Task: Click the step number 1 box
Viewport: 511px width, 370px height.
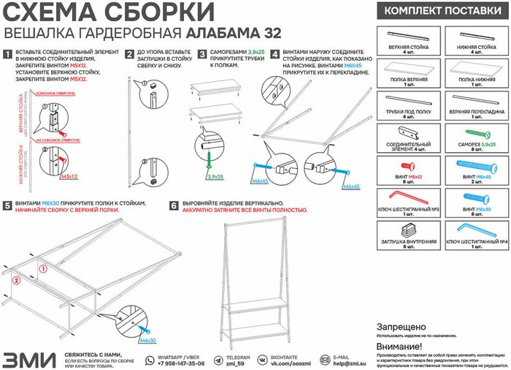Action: tap(7, 54)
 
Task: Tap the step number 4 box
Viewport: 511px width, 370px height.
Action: tap(274, 54)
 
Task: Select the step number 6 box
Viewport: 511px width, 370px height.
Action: tap(173, 207)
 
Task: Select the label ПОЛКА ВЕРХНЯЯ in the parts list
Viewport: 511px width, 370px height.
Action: tap(408, 79)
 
